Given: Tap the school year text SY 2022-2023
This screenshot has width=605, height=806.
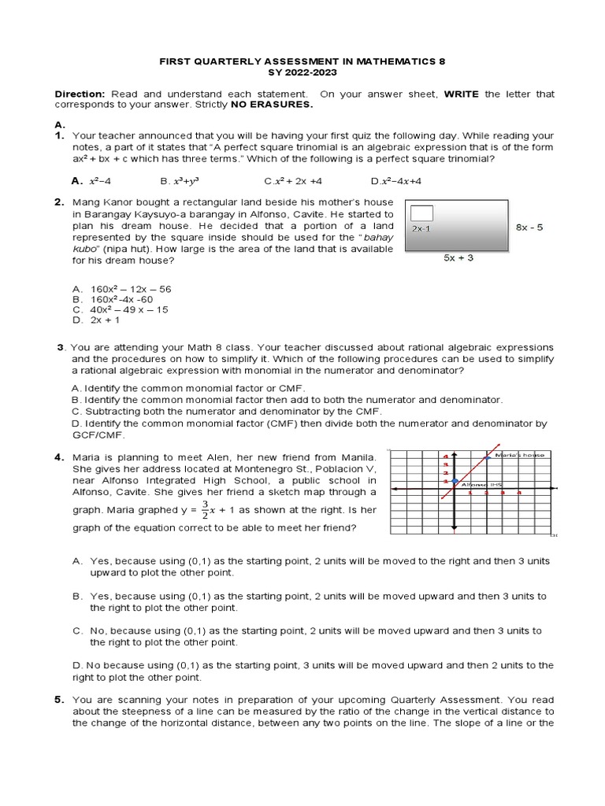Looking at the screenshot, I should [303, 72].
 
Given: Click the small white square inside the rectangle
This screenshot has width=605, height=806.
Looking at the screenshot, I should [422, 212].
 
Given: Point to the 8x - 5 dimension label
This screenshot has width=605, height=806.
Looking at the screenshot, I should [529, 227].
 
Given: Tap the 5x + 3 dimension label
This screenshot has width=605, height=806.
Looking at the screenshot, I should [458, 257].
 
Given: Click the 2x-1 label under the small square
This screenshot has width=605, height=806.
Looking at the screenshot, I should [421, 228].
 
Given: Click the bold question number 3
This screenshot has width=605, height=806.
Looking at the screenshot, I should [60, 347].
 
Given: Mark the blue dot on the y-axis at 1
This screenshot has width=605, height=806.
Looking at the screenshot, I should [455, 481].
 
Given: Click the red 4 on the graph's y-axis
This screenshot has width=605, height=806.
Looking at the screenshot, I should [446, 457].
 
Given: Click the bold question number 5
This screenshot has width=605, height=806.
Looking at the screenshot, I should [60, 699].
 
